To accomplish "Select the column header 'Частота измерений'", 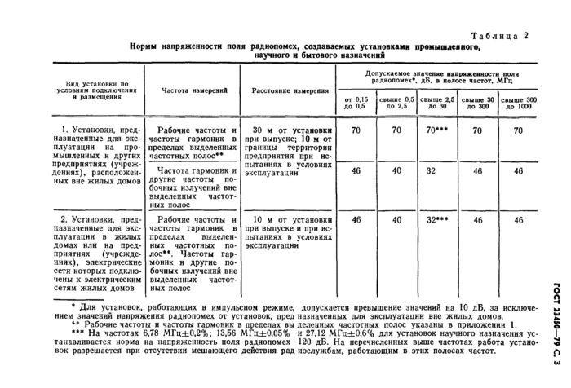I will tap(195, 91).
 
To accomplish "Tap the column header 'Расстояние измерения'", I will tap(290, 91).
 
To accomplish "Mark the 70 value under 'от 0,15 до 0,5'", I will tap(356, 130).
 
